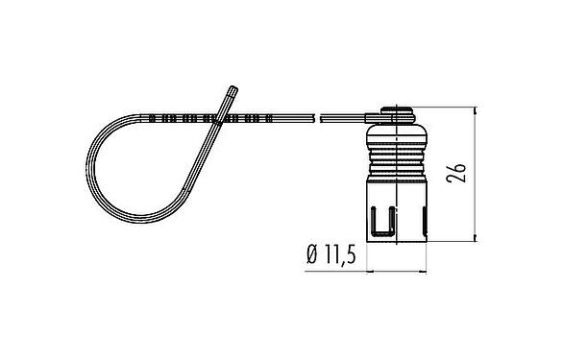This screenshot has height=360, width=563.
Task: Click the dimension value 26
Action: pyautogui.click(x=459, y=174)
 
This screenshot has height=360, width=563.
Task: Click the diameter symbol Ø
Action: pyautogui.click(x=311, y=255)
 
